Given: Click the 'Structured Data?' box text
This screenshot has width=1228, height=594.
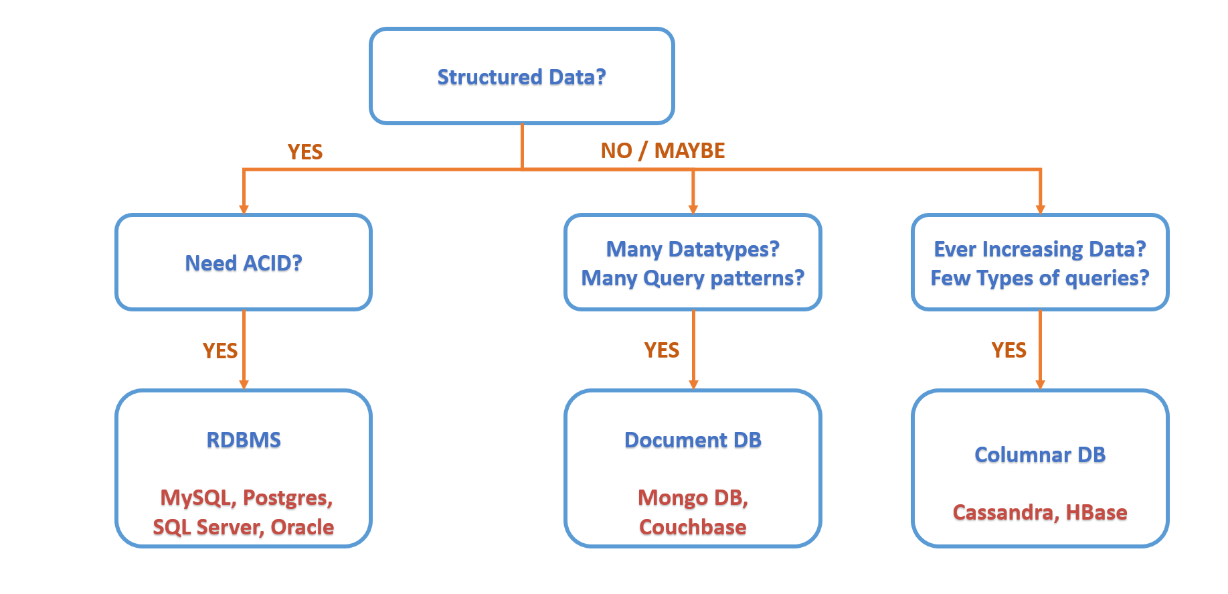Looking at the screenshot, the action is coord(521,77).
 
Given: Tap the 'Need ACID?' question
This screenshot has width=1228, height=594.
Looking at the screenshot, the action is coord(244,263).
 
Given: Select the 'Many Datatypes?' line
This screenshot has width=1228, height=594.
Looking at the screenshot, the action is coord(693,249).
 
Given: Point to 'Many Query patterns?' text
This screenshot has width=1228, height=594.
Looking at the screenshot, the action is coord(693,278).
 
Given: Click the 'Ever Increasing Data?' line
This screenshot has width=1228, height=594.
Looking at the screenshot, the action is coord(1040,249).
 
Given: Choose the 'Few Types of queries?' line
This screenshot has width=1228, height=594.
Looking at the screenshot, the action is coord(1040,278).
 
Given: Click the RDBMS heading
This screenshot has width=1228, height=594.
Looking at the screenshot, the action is coord(244,440).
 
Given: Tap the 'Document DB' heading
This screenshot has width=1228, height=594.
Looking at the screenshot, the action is coord(693,440).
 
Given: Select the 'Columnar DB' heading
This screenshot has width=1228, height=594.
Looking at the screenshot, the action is coord(1040,455).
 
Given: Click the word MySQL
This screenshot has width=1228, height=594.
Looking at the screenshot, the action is coord(198,498).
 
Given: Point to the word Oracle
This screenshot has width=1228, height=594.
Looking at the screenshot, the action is coord(302,527).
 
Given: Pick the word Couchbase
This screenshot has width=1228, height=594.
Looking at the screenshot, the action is coord(693,527).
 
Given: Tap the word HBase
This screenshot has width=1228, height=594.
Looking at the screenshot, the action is coord(1097,512).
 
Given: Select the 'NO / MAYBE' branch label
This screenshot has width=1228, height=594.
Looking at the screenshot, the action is coord(663,151).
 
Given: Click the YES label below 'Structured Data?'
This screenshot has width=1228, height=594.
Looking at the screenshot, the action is coord(305,152).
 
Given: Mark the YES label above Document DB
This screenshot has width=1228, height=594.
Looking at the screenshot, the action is coord(662,350).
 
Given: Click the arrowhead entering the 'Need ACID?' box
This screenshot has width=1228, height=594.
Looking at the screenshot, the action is coord(244,210).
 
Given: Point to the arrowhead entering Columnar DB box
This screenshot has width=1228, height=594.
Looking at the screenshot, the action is coord(1040,385).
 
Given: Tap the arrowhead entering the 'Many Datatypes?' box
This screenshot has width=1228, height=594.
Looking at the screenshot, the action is coord(693,210).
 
